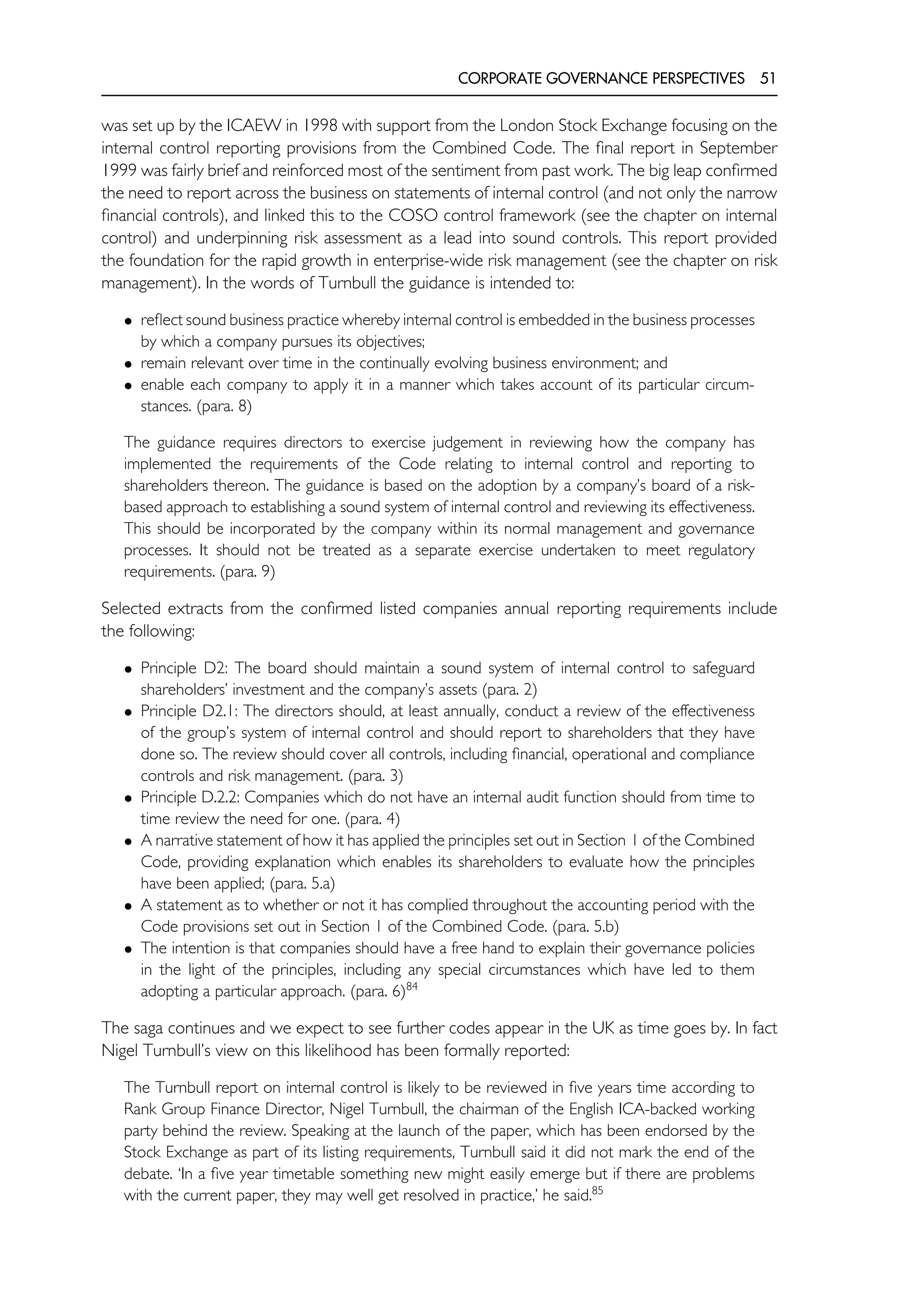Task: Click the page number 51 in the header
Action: (768, 78)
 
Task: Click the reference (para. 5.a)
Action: (302, 883)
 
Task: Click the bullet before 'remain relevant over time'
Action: (129, 365)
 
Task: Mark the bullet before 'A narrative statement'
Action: (129, 842)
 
